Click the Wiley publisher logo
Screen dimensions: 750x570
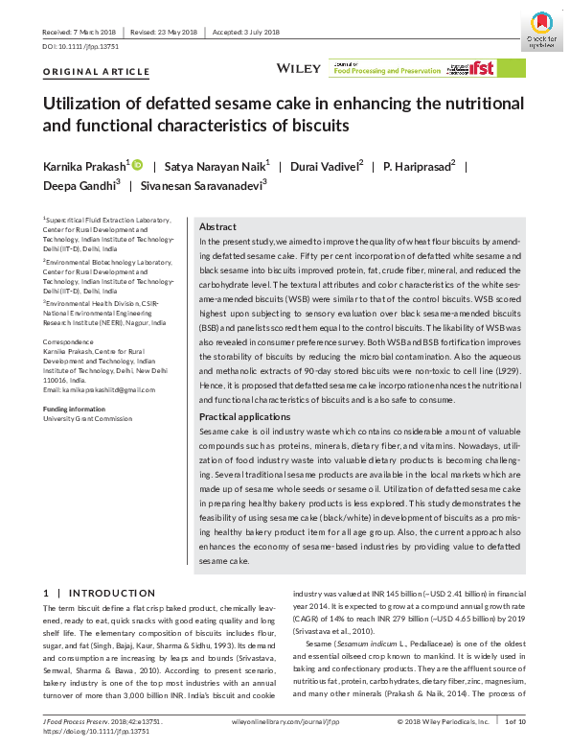291,68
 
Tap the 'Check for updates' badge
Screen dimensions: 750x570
540,29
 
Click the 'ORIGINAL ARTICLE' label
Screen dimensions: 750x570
97,72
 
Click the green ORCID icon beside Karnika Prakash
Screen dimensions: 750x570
137,166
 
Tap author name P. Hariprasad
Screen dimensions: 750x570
418,167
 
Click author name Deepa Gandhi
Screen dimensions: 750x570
80,186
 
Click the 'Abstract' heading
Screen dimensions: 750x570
218,225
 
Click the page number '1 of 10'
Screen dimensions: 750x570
514,719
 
